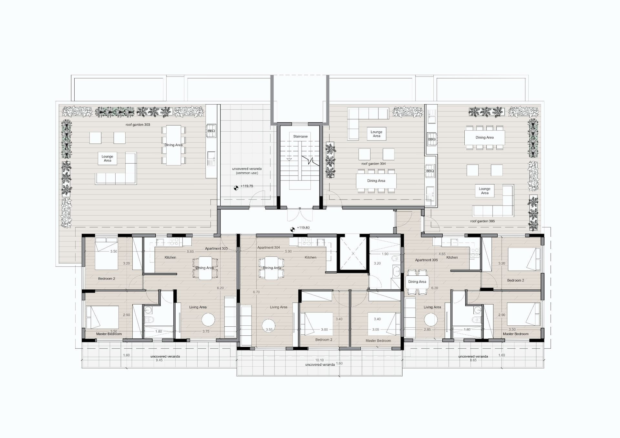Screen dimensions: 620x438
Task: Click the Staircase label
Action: point(300,137)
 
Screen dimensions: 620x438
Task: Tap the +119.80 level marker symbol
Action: point(293,229)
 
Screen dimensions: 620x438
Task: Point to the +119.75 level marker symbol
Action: point(236,188)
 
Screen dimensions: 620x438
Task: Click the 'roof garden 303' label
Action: point(138,125)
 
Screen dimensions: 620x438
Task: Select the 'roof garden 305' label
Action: point(482,221)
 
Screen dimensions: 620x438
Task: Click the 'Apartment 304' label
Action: point(269,248)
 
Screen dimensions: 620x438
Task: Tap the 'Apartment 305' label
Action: point(427,260)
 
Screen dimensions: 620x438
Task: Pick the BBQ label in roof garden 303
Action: point(211,131)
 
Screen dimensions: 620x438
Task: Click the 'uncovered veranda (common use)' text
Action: point(247,171)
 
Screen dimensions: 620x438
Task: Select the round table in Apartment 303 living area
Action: point(208,320)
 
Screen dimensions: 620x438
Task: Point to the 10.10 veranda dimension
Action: point(319,360)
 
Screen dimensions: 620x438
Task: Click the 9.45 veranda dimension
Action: point(159,360)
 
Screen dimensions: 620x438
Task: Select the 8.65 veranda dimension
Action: point(473,360)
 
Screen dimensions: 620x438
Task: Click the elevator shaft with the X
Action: point(353,253)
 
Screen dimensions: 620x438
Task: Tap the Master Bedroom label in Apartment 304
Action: point(378,341)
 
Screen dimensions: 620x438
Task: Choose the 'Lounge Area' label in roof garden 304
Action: point(377,134)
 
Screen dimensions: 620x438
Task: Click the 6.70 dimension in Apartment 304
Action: point(256,292)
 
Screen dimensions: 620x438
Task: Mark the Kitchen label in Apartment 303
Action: point(170,258)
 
